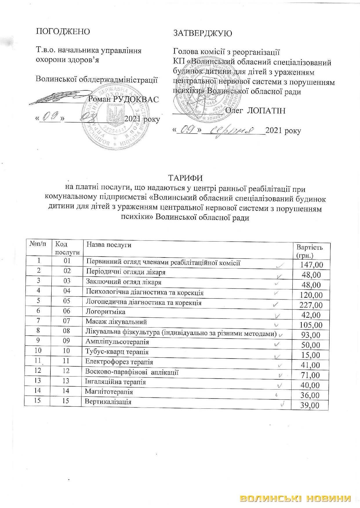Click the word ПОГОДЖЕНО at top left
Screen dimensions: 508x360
(x=63, y=31)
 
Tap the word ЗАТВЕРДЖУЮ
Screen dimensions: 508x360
(x=202, y=33)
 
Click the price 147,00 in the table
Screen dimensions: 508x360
(x=311, y=265)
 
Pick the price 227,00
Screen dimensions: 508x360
(x=311, y=305)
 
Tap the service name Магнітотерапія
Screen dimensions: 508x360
(x=109, y=392)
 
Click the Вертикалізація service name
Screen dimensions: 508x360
(x=108, y=402)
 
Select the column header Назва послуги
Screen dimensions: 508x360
(x=109, y=245)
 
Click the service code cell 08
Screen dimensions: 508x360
(x=67, y=330)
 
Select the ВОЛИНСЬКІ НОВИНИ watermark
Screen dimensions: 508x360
(x=296, y=498)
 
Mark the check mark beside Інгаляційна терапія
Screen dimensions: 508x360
(x=280, y=385)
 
